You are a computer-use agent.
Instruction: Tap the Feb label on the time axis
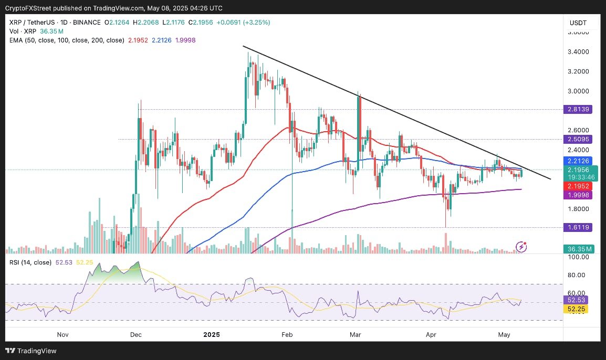pyautogui.click(x=286, y=334)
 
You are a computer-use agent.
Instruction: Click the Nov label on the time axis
pyautogui.click(x=62, y=334)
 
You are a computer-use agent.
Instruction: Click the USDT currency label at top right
pyautogui.click(x=578, y=23)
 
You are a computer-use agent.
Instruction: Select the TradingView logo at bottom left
pyautogui.click(x=31, y=351)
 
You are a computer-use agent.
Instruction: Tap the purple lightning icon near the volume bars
pyautogui.click(x=521, y=246)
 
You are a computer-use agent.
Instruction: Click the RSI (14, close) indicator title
pyautogui.click(x=29, y=262)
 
